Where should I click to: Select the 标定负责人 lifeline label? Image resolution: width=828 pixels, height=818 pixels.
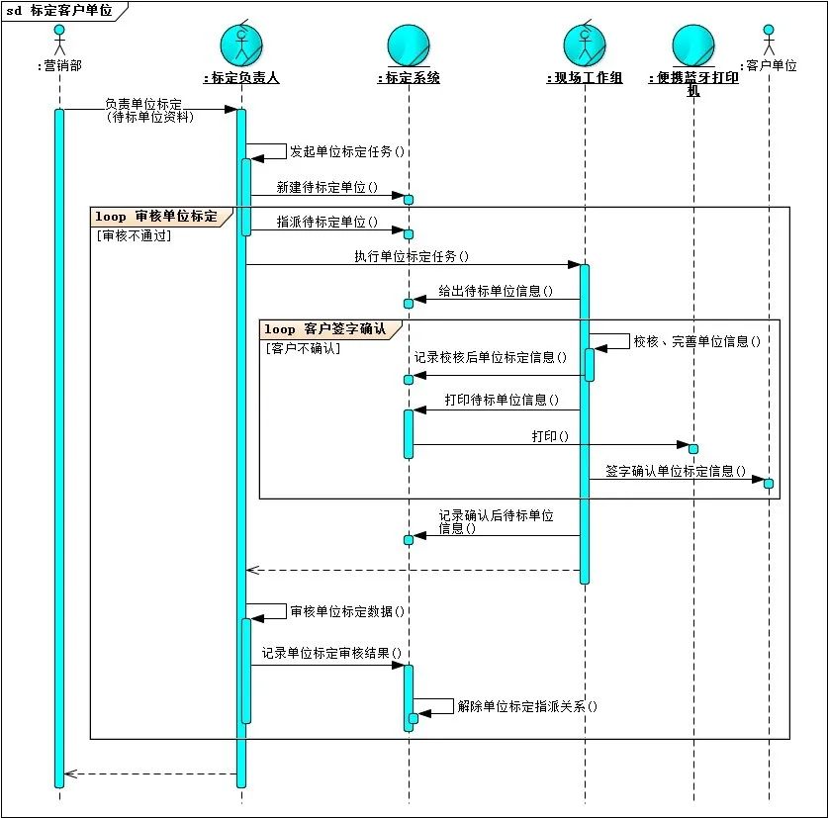240,78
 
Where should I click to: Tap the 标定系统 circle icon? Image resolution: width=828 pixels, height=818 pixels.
409,45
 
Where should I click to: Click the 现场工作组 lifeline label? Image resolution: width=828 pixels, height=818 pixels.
584,78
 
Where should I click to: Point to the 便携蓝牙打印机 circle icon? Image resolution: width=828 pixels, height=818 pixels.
692,45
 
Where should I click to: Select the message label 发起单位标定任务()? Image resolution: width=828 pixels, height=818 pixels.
347,152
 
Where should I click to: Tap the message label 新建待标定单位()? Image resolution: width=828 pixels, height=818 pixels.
327,187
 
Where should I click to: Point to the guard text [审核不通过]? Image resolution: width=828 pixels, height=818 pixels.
134,235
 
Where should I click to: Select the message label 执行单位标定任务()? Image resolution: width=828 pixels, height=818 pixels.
412,256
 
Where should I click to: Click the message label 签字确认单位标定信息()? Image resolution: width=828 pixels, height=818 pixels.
676,471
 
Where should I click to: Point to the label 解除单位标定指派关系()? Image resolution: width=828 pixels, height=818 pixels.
527,707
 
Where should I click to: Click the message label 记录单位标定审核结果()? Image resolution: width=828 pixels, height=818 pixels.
331,654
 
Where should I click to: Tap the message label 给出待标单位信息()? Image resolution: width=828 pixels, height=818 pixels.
496,292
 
